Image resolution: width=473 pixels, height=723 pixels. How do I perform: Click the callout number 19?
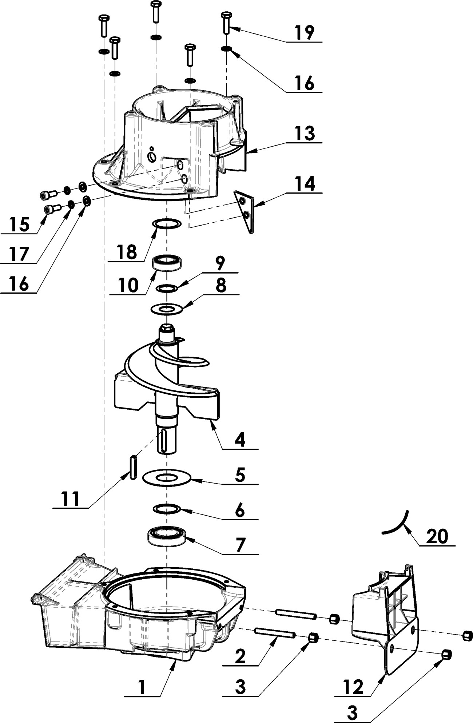[x=304, y=33]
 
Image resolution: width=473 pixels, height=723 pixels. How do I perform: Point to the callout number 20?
[x=437, y=536]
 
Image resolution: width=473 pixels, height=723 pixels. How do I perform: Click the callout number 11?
[x=71, y=499]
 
